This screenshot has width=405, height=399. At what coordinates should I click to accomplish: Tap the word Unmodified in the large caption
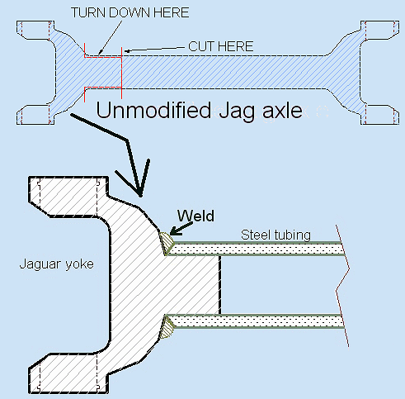coord(153,111)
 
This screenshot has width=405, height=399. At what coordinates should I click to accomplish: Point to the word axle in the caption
coord(282,111)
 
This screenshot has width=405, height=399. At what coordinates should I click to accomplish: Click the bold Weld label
coord(195,216)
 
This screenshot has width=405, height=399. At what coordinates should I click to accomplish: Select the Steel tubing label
coord(275,235)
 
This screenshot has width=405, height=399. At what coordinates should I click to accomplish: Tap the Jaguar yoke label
coord(57,264)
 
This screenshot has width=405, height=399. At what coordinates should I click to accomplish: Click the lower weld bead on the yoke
coord(167,327)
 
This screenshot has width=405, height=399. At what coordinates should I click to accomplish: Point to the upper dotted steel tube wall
coord(257,249)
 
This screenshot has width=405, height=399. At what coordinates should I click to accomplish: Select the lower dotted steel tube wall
coord(257,321)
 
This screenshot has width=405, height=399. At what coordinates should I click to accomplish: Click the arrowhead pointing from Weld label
coord(176,231)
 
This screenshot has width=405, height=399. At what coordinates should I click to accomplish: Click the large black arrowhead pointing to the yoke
coord(134,178)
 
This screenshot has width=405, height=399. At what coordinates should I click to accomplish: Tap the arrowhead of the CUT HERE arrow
coord(128,51)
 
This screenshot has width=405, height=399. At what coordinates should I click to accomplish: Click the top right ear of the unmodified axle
coord(380,30)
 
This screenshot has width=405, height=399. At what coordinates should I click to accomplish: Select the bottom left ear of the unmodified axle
coord(35,115)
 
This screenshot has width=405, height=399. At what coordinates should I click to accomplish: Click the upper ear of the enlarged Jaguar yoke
coord(68,197)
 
